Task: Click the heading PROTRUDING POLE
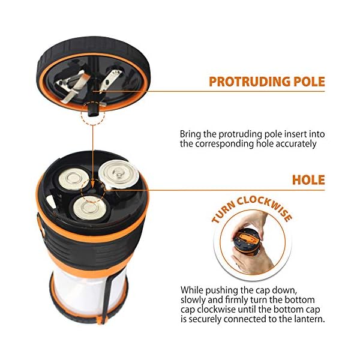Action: click(266, 82)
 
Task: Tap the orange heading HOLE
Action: click(308, 180)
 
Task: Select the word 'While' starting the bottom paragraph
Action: click(191, 290)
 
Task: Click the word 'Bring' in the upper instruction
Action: click(191, 134)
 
